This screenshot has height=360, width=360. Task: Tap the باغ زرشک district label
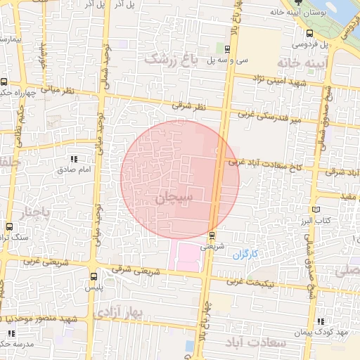tap(173, 60)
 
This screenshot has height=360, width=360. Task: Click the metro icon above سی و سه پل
tap(227, 48)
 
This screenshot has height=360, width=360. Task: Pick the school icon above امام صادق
tap(75, 160)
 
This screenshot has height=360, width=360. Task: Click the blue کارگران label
tap(246, 253)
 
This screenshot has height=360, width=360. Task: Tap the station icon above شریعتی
tap(212, 235)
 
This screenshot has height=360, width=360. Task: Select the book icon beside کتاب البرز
tap(316, 210)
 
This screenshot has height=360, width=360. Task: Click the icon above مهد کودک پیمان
tap(321, 321)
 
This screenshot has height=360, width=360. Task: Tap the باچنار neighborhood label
tap(37, 211)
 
